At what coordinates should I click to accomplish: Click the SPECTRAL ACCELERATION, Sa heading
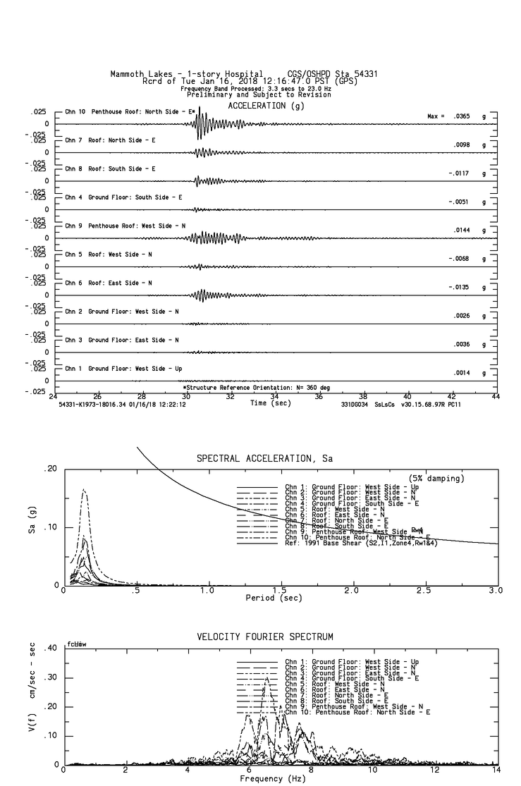point(264,459)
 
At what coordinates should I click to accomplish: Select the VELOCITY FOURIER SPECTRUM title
point(264,637)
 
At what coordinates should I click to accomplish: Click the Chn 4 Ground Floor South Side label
point(123,197)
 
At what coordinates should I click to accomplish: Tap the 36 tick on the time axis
point(319,396)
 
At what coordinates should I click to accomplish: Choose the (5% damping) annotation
point(436,479)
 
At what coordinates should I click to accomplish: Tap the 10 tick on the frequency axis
point(372,770)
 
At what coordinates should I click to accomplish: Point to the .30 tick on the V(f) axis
point(50,677)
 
